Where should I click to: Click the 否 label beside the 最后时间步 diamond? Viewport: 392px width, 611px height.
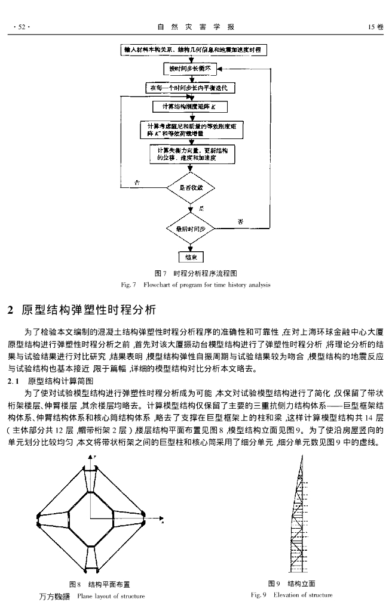point(240,221)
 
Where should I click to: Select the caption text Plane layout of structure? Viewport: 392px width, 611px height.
point(111,595)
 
